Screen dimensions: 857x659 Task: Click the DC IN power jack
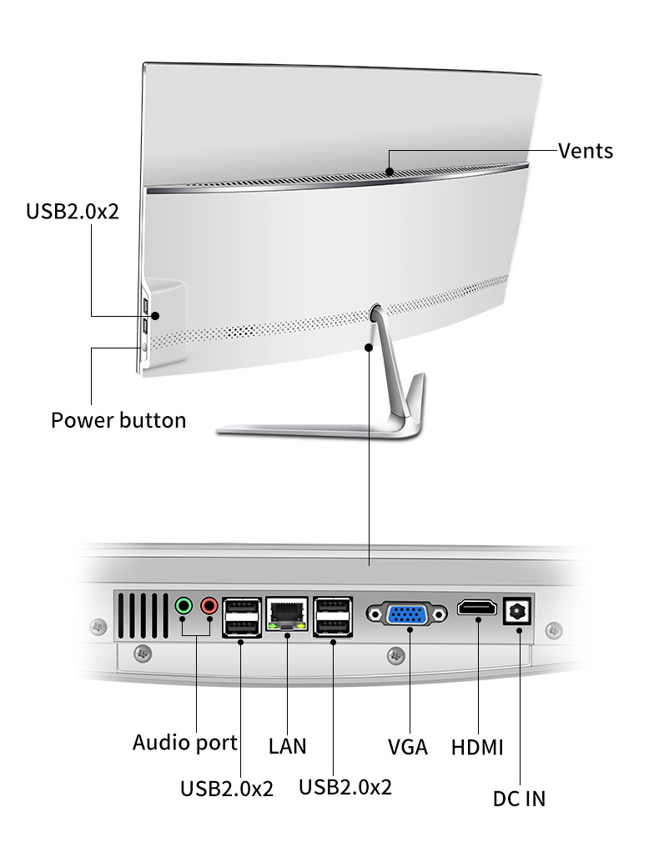coord(517,612)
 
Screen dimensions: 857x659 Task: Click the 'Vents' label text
coord(586,151)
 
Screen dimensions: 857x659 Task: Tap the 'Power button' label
coord(118,419)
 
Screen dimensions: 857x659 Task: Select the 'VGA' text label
coord(408,746)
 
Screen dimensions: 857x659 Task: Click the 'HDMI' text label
coord(477,747)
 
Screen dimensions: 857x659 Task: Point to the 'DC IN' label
coord(519,799)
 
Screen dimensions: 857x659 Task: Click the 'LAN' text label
coord(287,745)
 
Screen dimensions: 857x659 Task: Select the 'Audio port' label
coord(185,742)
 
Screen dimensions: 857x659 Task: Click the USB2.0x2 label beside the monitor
coord(73,210)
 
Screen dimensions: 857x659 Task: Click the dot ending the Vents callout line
coord(390,172)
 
